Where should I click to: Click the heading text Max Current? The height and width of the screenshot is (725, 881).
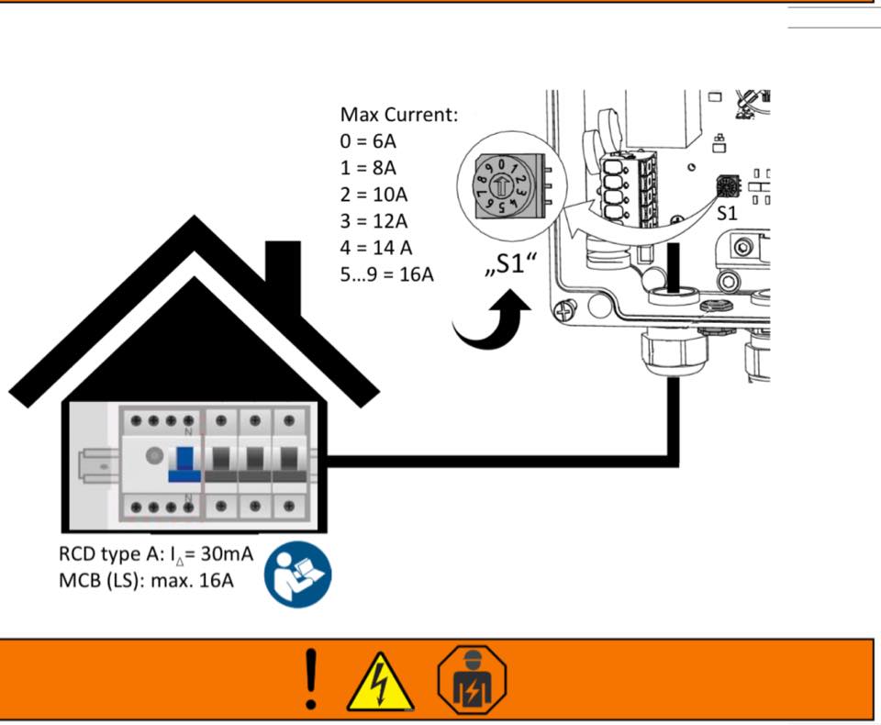pos(399,116)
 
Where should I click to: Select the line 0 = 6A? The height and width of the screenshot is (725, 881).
pos(369,142)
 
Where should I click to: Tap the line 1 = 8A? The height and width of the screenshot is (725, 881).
pos(369,169)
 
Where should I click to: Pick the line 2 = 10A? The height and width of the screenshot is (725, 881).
pos(374,195)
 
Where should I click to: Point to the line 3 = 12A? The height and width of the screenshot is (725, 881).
pos(374,221)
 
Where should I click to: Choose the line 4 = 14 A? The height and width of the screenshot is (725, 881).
pos(377,248)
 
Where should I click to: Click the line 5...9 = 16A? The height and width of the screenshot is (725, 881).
pos(386,274)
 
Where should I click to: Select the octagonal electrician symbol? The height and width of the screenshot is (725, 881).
pos(472,679)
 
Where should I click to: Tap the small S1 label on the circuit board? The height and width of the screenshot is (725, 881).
pos(727,213)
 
